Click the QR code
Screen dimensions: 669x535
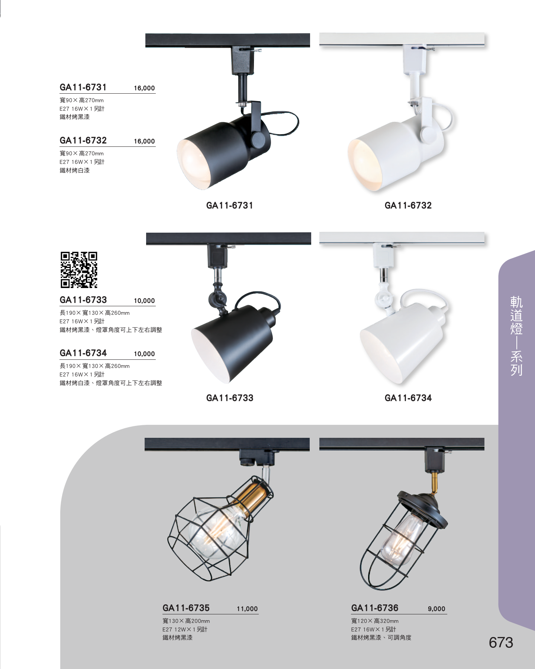tap(79, 270)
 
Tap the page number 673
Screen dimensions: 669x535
tap(501, 643)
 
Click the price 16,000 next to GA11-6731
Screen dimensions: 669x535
tap(144, 88)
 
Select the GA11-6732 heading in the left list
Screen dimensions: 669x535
tap(83, 140)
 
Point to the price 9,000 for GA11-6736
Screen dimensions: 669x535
tap(436, 609)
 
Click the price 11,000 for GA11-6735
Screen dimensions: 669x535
tap(247, 609)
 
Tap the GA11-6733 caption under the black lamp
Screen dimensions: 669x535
tap(230, 398)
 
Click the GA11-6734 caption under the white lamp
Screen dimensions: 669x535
tap(408, 398)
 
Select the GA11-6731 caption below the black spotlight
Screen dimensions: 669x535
tap(230, 206)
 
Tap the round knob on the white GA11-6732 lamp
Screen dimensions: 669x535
tap(429, 133)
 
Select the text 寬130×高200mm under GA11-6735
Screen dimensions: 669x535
tap(186, 621)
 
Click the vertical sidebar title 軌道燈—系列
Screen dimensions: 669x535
tap(516, 336)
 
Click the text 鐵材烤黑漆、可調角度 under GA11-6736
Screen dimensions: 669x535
tap(381, 638)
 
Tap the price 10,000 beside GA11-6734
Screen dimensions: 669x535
tap(144, 354)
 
